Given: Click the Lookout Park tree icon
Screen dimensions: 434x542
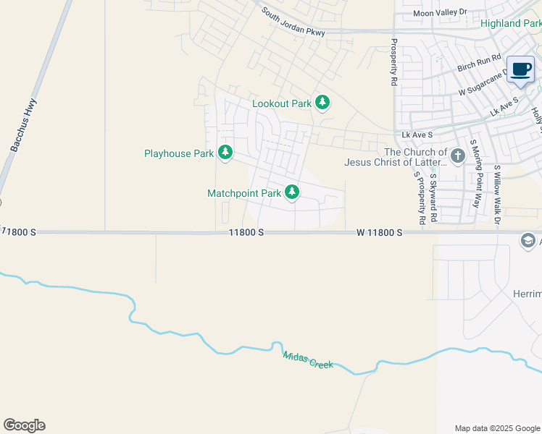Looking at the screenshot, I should point(322,103).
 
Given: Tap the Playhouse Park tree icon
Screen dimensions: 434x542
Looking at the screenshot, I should point(225,153).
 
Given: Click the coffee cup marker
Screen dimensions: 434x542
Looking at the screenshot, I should point(520,69).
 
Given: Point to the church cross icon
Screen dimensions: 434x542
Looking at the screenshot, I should point(457,156).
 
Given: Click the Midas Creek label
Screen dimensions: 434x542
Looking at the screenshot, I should point(309,359).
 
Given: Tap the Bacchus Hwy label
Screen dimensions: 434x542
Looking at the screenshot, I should point(24,125).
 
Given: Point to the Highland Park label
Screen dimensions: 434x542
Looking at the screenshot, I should point(511,24).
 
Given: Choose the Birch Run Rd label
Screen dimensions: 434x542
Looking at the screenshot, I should point(480,63).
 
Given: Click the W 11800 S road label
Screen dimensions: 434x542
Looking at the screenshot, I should point(379,232).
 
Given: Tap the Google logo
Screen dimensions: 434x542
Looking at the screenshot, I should point(24,425).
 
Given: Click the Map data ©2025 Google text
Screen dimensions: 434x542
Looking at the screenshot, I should point(497,428).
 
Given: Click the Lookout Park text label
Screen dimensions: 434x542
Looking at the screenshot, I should point(282,103).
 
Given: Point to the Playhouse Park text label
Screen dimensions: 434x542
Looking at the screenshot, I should point(179,153).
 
